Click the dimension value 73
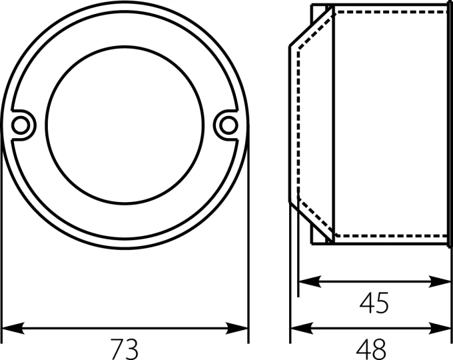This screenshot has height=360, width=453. (125, 349)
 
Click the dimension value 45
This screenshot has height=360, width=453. (374, 303)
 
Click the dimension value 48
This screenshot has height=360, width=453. (371, 349)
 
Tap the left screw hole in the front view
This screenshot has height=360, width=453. (21, 125)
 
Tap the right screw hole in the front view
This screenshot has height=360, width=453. (228, 125)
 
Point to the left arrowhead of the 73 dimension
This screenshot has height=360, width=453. (13, 328)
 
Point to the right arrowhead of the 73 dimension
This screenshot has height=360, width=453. (237, 328)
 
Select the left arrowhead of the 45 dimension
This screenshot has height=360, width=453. (309, 281)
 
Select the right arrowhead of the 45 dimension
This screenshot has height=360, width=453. (440, 281)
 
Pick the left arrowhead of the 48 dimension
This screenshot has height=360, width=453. (302, 328)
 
